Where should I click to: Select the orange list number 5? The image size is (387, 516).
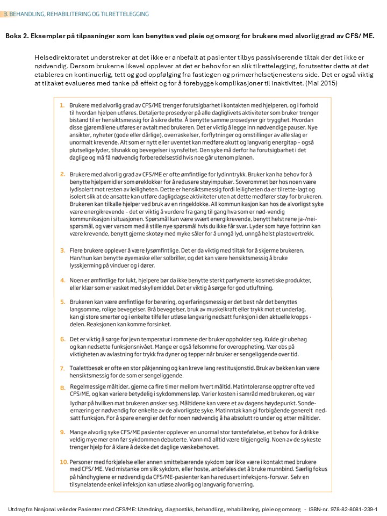pos(62,302)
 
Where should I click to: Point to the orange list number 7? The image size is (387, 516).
pos(62,368)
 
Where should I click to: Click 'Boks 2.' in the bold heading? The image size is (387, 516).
pos(18,36)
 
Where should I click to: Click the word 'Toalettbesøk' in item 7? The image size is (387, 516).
pos(88,368)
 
